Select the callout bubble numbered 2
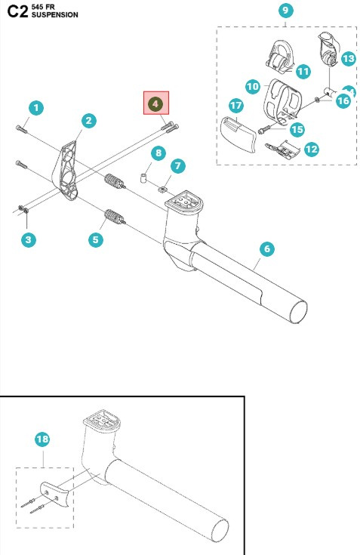pyautogui.click(x=88, y=121)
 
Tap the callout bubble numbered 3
pyautogui.click(x=29, y=239)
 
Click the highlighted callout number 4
pyautogui.click(x=157, y=103)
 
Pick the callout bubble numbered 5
pyautogui.click(x=95, y=239)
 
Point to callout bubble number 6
pyautogui.click(x=266, y=248)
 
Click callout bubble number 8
pyautogui.click(x=157, y=153)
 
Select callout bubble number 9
pyautogui.click(x=285, y=11)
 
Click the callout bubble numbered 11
pyautogui.click(x=303, y=71)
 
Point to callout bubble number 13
pyautogui.click(x=347, y=58)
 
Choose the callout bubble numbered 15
pyautogui.click(x=297, y=129)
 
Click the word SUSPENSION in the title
pyautogui.click(x=54, y=14)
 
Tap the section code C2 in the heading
pyautogui.click(x=17, y=11)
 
